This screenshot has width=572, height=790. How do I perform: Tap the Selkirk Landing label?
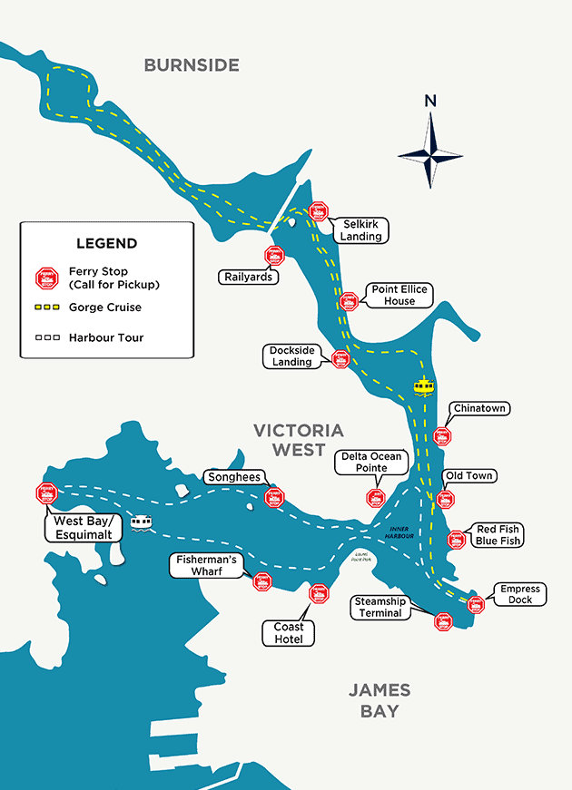coord(360,230)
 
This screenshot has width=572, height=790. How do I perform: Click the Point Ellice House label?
coord(399,295)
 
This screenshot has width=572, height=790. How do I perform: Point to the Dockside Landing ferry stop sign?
coord(341,359)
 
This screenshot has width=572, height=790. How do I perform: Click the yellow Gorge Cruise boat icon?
coord(423,387)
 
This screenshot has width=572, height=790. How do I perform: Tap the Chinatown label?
coord(478,409)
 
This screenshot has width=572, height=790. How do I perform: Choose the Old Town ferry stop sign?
coord(445,499)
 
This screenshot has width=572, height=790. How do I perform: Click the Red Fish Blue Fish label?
coord(498,535)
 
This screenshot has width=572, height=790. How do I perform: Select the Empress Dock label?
coord(520,594)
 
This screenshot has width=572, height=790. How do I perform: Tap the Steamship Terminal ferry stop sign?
coord(443,621)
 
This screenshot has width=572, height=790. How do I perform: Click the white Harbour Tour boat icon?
coord(140,522)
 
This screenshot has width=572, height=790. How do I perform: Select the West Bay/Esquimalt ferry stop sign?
coord(46,493)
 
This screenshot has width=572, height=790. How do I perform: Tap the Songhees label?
coord(234,477)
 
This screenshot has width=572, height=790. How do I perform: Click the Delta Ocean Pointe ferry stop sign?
coord(376,497)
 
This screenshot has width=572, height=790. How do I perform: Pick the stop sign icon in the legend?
coord(46,277)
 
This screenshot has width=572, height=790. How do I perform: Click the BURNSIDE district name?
coord(192,65)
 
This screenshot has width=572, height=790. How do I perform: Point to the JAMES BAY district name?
coord(380,700)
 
